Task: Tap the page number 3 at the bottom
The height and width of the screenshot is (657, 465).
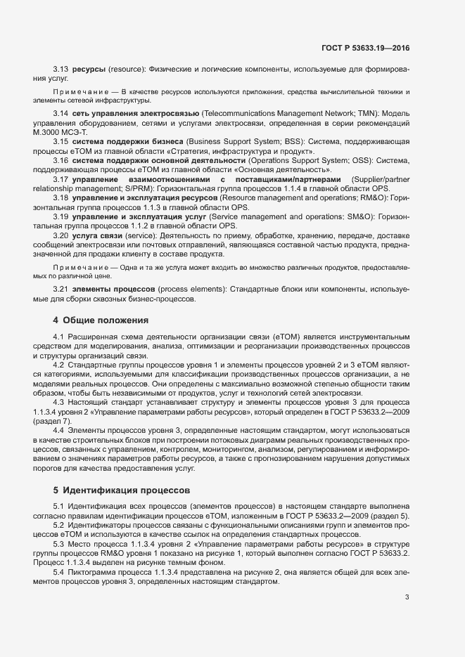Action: click(407, 597)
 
